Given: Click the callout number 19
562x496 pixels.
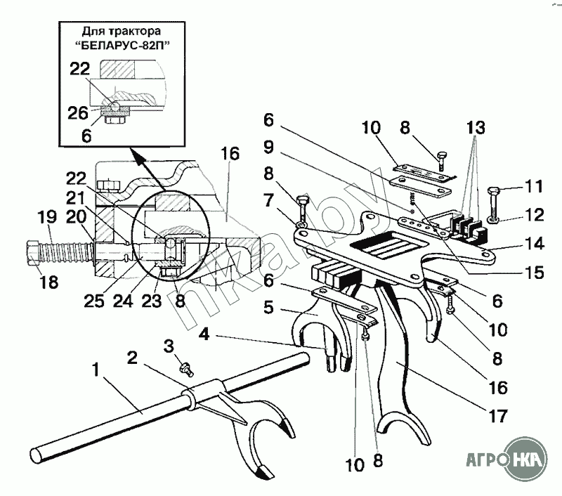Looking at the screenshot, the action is [x=47, y=217].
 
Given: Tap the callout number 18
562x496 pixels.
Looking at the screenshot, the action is [x=48, y=282].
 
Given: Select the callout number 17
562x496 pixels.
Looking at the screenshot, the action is [x=497, y=416].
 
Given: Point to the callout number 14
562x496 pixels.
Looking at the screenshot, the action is [x=534, y=244].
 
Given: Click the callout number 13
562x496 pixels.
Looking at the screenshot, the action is [x=476, y=128].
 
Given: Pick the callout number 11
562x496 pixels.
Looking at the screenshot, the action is [x=534, y=186].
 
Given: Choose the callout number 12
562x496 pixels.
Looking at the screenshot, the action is [x=534, y=215].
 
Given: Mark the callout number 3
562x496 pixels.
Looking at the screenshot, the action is [x=169, y=346].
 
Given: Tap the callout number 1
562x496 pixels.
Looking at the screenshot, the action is [x=96, y=370].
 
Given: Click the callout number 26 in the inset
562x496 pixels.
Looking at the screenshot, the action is [x=78, y=113].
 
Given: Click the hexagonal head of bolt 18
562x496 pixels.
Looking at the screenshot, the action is [x=33, y=253].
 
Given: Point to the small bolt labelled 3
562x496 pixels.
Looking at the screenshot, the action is [x=187, y=369].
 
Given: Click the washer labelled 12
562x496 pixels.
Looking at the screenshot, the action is [x=495, y=218].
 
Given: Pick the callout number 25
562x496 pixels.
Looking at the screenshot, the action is [x=94, y=301].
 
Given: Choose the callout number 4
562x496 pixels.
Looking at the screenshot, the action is [x=204, y=334].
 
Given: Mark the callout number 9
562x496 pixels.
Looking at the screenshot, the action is [x=268, y=147].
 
